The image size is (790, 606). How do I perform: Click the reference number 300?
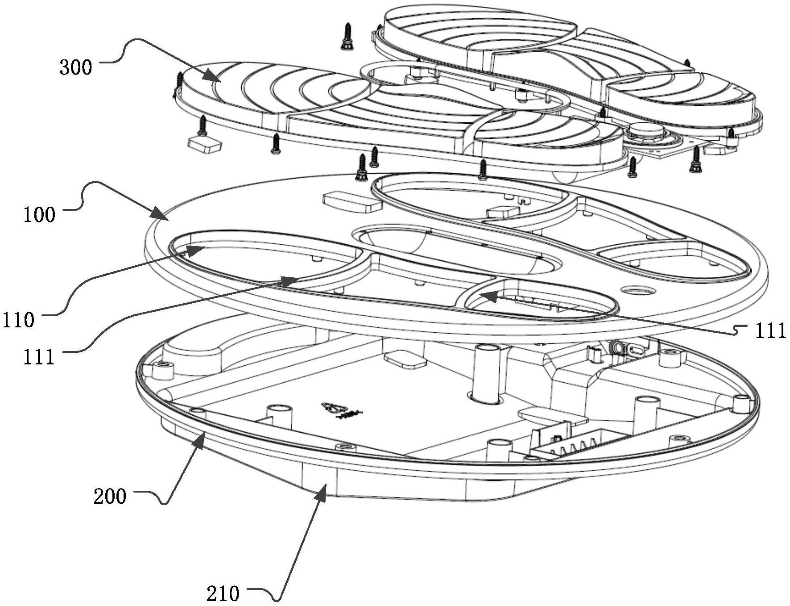click(x=76, y=67)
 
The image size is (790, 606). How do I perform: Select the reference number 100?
click(x=40, y=215)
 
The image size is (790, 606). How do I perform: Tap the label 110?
click(x=18, y=321)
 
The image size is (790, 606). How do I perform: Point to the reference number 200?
click(x=110, y=496)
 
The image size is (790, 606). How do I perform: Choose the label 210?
click(x=223, y=594)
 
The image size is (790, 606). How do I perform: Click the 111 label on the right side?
click(x=770, y=331)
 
